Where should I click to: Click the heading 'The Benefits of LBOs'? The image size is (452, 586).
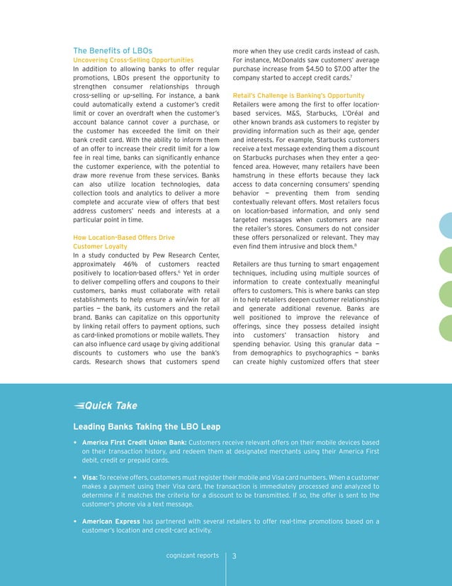[113, 51]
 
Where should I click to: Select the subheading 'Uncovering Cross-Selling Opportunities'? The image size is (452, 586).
[133, 61]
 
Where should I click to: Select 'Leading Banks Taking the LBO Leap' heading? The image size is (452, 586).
[147, 426]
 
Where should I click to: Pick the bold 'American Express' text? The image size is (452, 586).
[110, 521]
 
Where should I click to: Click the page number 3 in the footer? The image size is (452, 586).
[235, 555]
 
